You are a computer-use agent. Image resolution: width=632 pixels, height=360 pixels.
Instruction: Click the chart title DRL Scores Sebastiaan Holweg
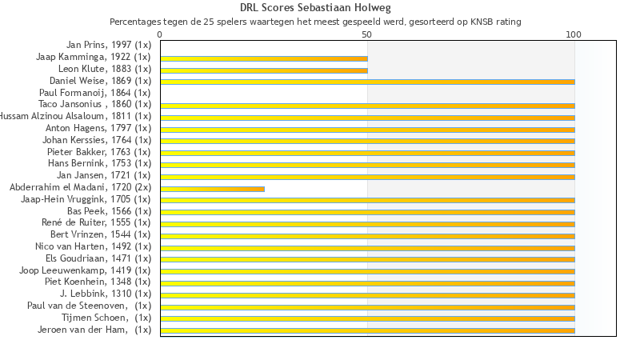(x=315, y=8)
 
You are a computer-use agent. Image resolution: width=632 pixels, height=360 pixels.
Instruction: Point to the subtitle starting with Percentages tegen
(x=315, y=22)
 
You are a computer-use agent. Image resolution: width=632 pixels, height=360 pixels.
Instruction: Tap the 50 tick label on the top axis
(x=367, y=34)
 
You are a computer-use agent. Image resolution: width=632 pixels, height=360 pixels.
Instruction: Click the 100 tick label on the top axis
(x=574, y=34)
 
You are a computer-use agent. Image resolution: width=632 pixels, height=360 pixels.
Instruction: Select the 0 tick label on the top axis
(x=161, y=34)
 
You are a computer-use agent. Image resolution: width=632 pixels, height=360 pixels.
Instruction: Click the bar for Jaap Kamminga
(x=264, y=58)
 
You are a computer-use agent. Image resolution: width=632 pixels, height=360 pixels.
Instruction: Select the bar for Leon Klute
(x=264, y=70)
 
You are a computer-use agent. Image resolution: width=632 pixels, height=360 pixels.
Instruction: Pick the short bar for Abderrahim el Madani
(x=212, y=189)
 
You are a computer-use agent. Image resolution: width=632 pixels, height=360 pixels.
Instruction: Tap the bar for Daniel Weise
(x=367, y=82)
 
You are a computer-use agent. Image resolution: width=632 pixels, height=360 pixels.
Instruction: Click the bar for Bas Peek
(x=367, y=212)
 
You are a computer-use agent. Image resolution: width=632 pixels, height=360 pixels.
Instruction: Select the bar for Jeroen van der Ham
(x=367, y=330)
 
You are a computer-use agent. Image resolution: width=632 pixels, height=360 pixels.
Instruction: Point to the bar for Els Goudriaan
(x=367, y=259)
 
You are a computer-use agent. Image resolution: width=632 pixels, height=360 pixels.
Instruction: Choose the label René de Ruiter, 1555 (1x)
(x=96, y=222)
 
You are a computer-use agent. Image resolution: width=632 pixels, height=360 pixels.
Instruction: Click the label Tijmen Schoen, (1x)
(x=106, y=318)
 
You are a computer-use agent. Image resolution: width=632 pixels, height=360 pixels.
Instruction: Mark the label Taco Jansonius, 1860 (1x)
(x=94, y=104)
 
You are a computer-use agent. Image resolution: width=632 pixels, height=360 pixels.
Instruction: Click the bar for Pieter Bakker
(x=367, y=153)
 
